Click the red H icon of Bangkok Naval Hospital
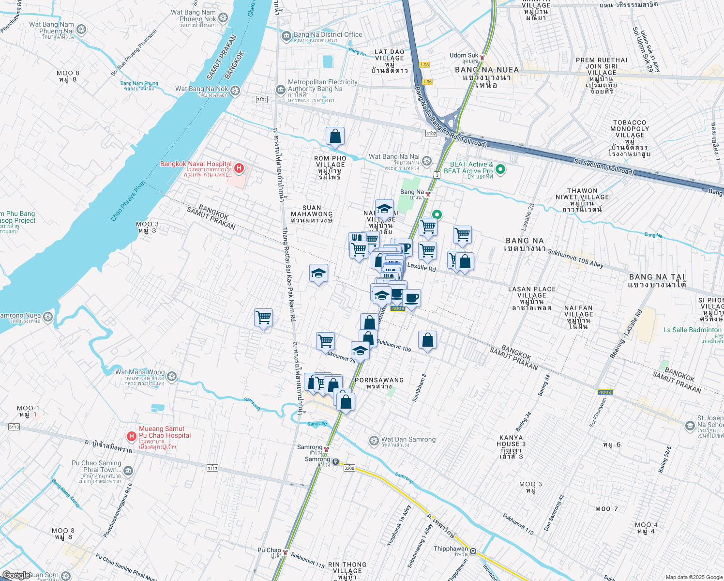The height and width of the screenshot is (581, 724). click(239, 168)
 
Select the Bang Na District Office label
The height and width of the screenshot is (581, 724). click(328, 34)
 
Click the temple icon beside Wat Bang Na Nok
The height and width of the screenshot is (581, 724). click(235, 91)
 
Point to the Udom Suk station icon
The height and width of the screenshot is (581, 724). click(482, 57)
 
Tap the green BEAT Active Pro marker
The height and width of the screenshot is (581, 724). click(500, 169)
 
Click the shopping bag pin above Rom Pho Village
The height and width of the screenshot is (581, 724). click(335, 137)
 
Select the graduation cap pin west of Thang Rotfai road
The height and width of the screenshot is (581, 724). click(318, 274)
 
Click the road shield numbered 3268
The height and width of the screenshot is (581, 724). click(349, 468)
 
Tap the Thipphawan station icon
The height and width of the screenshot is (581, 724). click(473, 551)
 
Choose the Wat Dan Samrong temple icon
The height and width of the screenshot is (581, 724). click(374, 441)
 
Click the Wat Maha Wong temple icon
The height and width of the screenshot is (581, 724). click(172, 376)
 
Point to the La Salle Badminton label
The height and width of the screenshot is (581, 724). click(692, 330)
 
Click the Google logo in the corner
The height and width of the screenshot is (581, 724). click(17, 575)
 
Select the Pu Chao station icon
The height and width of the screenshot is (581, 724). click(286, 552)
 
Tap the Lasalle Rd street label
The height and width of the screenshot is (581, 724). click(421, 267)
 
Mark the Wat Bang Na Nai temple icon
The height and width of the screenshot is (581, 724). click(426, 160)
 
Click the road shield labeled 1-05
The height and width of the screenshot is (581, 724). click(424, 65)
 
